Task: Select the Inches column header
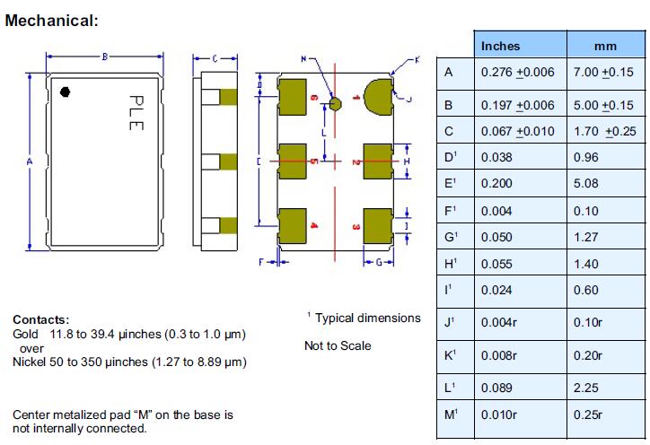pyautogui.click(x=501, y=46)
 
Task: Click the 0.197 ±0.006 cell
pyautogui.click(x=518, y=105)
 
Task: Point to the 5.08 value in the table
pyautogui.click(x=584, y=185)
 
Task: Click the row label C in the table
pyautogui.click(x=449, y=131)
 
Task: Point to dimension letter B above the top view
pyautogui.click(x=104, y=57)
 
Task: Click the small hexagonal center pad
pyautogui.click(x=336, y=104)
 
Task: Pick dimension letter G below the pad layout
pyautogui.click(x=379, y=262)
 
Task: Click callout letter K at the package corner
pyautogui.click(x=416, y=59)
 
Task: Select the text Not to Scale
pyautogui.click(x=338, y=345)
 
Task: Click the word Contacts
pyautogui.click(x=40, y=319)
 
